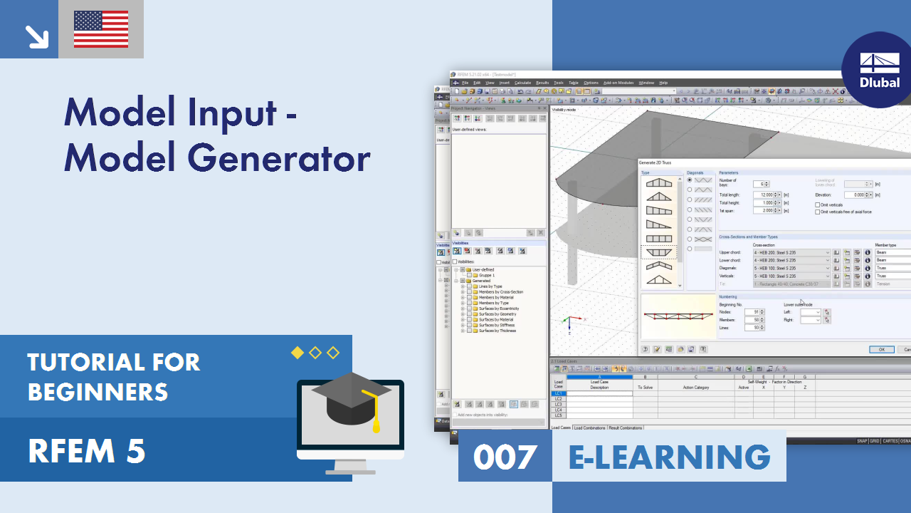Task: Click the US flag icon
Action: (101, 29)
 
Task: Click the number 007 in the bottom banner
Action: (505, 457)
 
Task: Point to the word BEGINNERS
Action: (98, 392)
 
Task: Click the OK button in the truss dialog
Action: (881, 349)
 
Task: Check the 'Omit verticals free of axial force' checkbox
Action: (817, 212)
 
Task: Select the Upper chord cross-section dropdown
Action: (790, 252)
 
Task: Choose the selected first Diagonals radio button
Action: (690, 180)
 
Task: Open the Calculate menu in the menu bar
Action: (522, 83)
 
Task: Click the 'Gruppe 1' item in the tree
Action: (486, 275)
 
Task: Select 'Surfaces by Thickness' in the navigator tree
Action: (497, 331)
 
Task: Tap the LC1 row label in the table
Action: (559, 393)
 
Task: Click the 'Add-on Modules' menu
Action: (618, 83)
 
